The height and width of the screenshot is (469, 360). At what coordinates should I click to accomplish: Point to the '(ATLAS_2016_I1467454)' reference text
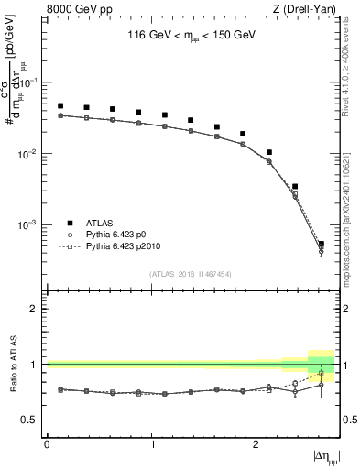[x=191, y=274]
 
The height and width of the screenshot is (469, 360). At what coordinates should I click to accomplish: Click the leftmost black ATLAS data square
[x=60, y=106]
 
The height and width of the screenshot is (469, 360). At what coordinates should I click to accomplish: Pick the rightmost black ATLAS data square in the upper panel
[x=321, y=244]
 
